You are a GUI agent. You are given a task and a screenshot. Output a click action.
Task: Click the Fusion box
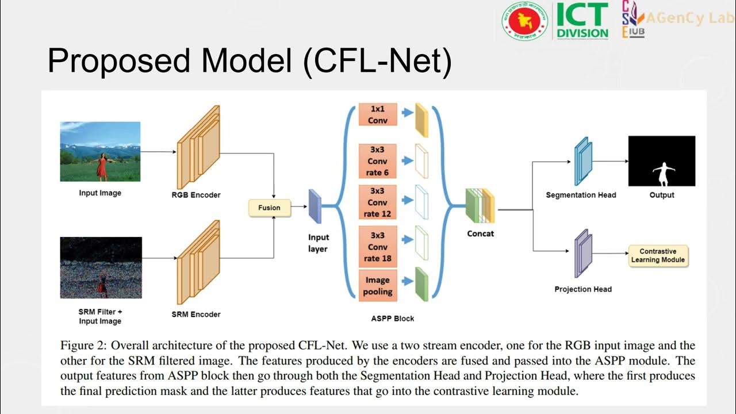click(269, 208)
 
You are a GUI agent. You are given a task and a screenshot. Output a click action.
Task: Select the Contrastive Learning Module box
click(658, 256)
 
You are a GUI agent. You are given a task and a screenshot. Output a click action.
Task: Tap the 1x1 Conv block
click(378, 114)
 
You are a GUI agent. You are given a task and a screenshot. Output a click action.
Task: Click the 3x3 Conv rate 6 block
click(378, 162)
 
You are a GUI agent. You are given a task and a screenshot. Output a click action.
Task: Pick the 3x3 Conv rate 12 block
click(378, 202)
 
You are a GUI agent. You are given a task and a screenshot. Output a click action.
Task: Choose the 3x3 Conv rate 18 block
click(378, 247)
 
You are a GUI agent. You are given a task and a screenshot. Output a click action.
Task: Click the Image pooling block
click(378, 286)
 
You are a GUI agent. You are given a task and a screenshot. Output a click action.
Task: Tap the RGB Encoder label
click(196, 195)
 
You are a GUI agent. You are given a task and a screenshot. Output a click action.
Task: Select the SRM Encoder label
click(196, 315)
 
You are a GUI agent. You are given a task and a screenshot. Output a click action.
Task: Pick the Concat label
click(480, 233)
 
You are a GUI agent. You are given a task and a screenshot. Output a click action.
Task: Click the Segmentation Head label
click(581, 195)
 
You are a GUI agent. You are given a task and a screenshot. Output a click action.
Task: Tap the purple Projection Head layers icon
click(582, 253)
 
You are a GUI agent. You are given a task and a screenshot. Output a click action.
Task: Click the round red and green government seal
click(524, 21)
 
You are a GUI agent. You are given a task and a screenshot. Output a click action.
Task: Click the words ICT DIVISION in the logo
click(582, 21)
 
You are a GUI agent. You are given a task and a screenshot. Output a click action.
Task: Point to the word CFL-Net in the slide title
click(378, 62)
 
